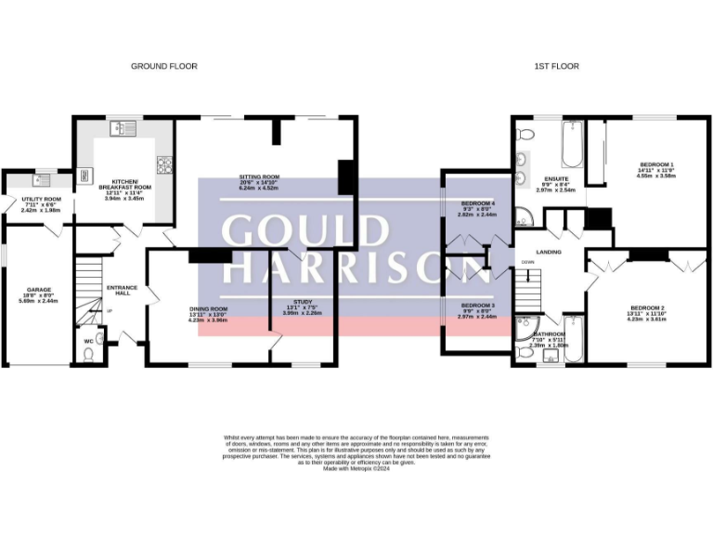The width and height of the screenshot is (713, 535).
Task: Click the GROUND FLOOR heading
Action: point(163,66)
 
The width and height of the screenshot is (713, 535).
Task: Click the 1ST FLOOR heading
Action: point(556,66)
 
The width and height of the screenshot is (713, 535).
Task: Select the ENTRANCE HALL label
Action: point(122,290)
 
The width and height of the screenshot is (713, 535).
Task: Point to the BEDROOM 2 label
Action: point(647,307)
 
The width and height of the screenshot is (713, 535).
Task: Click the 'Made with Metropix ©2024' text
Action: point(356,469)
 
